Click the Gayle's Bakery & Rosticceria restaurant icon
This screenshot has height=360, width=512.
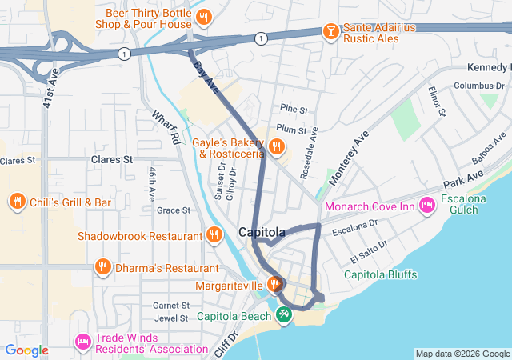tap(276, 146)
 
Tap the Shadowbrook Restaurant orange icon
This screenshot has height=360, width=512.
tap(214, 235)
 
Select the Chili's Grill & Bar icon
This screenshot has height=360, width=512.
tap(17, 202)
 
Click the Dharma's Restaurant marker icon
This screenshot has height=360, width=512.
tap(102, 267)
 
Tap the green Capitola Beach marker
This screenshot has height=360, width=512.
tap(283, 315)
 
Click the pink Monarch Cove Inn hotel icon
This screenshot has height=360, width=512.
tap(426, 206)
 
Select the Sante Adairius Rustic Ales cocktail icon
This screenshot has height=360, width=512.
tap(329, 31)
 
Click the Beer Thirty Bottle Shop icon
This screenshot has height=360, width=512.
tap(204, 17)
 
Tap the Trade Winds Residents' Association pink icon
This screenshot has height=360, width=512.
tap(81, 342)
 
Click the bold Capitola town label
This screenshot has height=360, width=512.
tap(262, 233)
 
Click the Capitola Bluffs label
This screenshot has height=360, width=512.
tap(382, 274)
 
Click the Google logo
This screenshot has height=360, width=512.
tap(28, 350)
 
